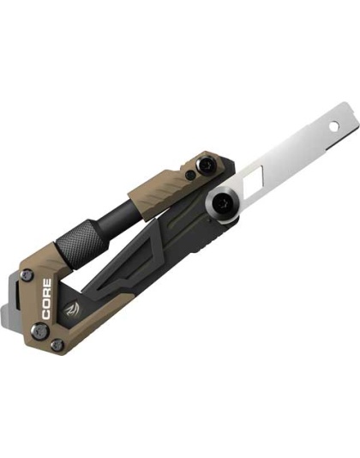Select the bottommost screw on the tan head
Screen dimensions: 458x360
click(x=57, y=344)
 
